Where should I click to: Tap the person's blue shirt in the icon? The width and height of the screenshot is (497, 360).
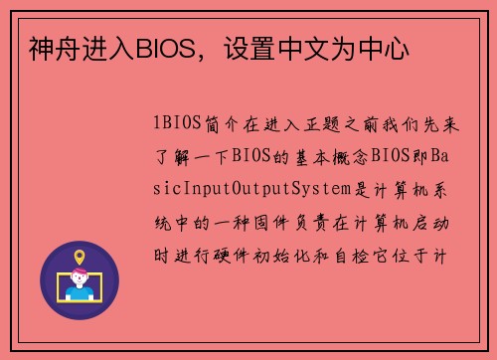pyautogui.click(x=80, y=295)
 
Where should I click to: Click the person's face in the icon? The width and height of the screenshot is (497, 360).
pyautogui.click(x=80, y=283)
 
